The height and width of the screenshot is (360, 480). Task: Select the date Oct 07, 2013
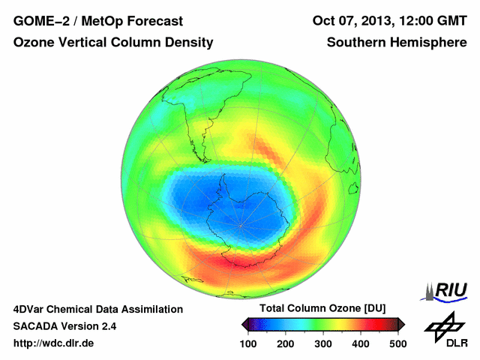[x=355, y=20]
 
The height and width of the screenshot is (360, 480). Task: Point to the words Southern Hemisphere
[x=396, y=43]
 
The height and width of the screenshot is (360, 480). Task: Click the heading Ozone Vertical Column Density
[x=113, y=43]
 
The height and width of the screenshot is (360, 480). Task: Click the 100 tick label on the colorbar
[x=248, y=343]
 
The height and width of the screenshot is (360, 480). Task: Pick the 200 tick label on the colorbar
[x=286, y=343]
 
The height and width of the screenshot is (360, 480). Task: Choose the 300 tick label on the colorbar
[x=323, y=343]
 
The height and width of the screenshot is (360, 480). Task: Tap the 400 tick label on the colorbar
[x=361, y=343]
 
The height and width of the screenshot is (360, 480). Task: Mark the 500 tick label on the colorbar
[x=397, y=343]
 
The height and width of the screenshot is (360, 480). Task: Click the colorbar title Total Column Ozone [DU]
[x=322, y=309]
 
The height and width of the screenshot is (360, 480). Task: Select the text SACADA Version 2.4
[x=64, y=326]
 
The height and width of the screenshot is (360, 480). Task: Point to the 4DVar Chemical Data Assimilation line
[x=97, y=309]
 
